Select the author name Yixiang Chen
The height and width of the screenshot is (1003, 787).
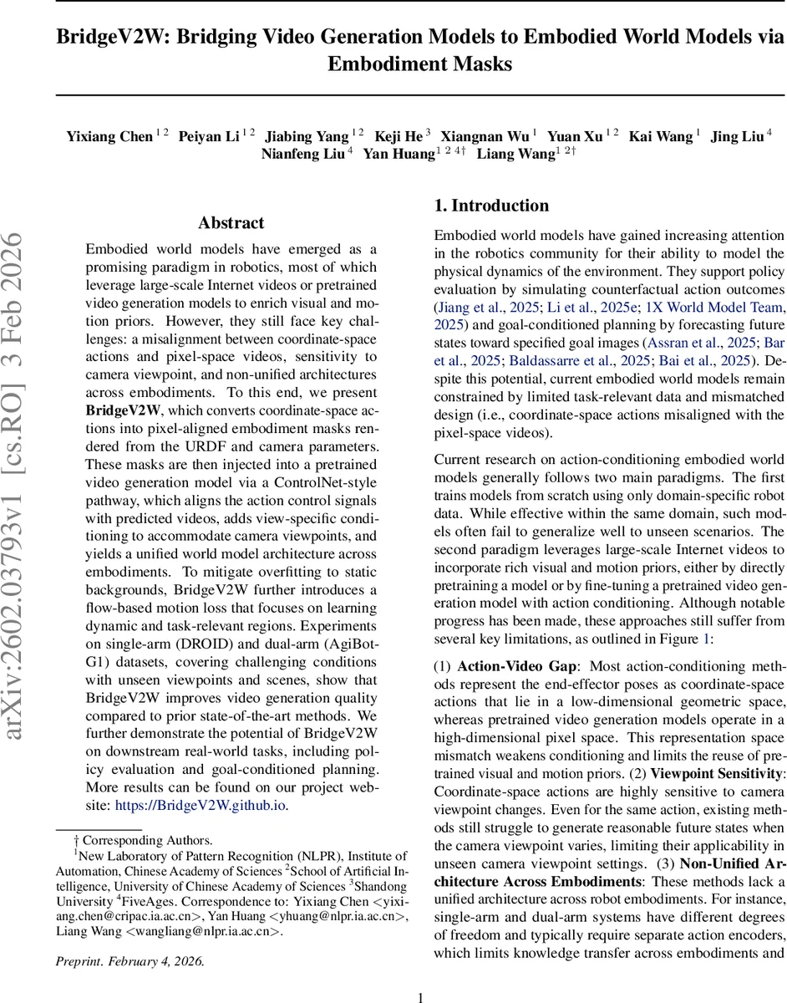click(109, 136)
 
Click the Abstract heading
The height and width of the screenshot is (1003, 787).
click(231, 223)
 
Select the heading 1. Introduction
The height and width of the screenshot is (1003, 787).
click(491, 206)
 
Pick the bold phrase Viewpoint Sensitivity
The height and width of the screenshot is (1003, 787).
click(715, 773)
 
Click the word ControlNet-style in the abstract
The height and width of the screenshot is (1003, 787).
click(329, 483)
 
